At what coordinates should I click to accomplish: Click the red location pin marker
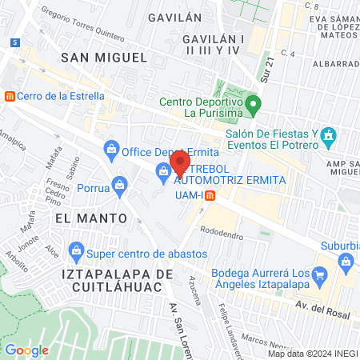tap(180, 162)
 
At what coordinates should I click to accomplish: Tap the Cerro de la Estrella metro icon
tap(10, 96)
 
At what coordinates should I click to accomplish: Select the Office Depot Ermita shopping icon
tap(112, 147)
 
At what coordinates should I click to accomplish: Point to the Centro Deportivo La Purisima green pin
tap(254, 103)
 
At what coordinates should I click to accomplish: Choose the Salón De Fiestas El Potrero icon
tap(328, 138)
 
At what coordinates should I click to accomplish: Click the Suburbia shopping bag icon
tap(346, 260)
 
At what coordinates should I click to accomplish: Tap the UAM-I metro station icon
tap(210, 195)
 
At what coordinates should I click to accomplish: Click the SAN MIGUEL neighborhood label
tap(105, 57)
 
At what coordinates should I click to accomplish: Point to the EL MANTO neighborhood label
tap(91, 218)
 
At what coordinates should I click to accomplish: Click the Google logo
tap(26, 350)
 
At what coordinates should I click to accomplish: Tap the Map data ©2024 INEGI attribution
tap(312, 354)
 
